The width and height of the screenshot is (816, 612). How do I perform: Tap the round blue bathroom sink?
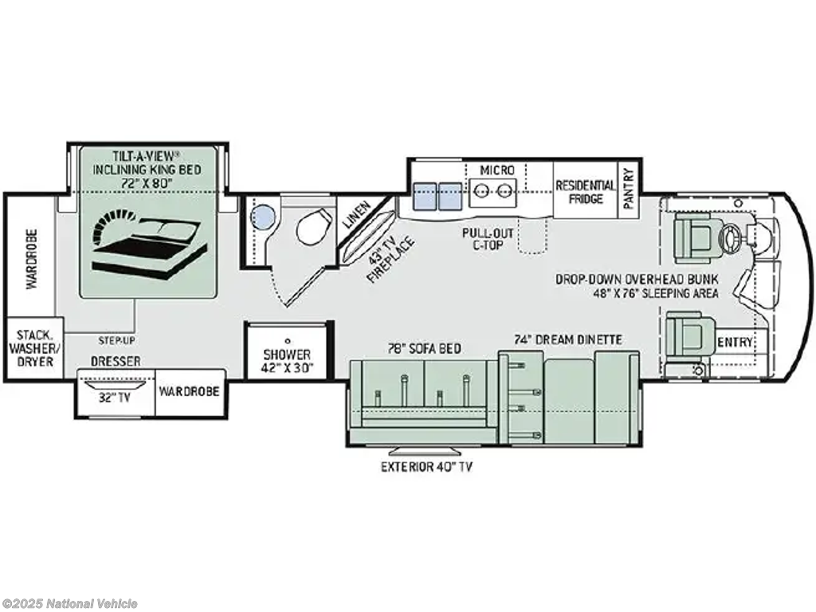click(x=262, y=216)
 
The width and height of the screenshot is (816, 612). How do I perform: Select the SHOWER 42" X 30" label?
click(x=288, y=361)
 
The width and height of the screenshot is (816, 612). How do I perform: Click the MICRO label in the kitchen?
click(x=497, y=170)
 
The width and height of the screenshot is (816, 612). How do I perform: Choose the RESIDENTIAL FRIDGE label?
click(x=585, y=191)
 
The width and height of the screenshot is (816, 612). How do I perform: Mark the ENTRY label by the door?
click(x=734, y=343)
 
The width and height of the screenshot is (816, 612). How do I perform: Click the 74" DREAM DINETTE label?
click(x=567, y=339)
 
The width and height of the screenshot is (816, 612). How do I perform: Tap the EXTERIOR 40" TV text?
click(x=426, y=467)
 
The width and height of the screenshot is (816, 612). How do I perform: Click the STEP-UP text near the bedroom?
click(x=116, y=340)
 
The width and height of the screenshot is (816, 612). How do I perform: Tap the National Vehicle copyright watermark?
click(x=70, y=603)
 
